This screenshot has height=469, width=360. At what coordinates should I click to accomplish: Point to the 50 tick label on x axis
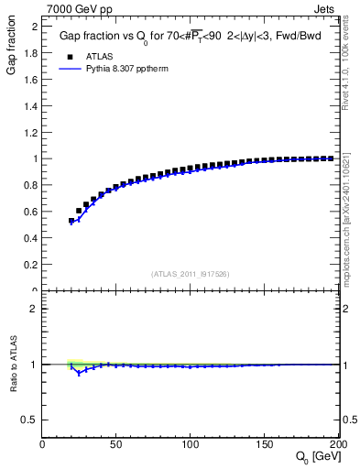[x=116, y=444]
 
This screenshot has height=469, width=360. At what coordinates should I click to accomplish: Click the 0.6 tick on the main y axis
[x=32, y=212]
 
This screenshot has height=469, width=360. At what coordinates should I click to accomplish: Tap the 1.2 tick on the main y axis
[x=32, y=133]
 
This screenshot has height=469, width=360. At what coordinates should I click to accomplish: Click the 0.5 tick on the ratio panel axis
[x=32, y=420]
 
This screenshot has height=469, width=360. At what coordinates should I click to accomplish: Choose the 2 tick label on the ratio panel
[x=37, y=309]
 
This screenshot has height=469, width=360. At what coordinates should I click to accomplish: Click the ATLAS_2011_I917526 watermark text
[x=189, y=274]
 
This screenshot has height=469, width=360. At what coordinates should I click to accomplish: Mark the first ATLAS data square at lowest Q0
[x=71, y=221]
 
